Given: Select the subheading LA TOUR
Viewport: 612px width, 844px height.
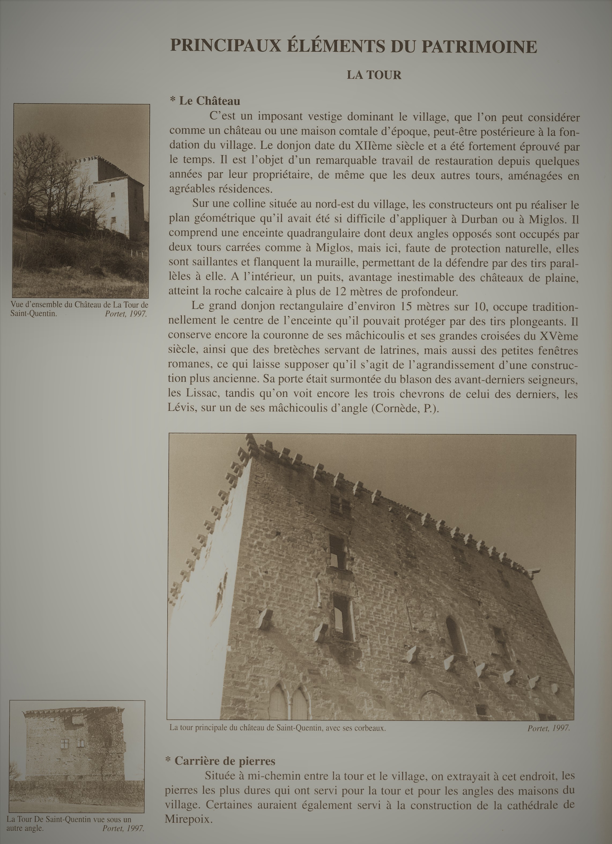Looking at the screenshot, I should tap(374, 75).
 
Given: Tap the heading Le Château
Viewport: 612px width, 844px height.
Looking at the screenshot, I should tap(209, 101).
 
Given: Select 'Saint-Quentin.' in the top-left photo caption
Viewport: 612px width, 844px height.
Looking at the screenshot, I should tap(34, 313).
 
